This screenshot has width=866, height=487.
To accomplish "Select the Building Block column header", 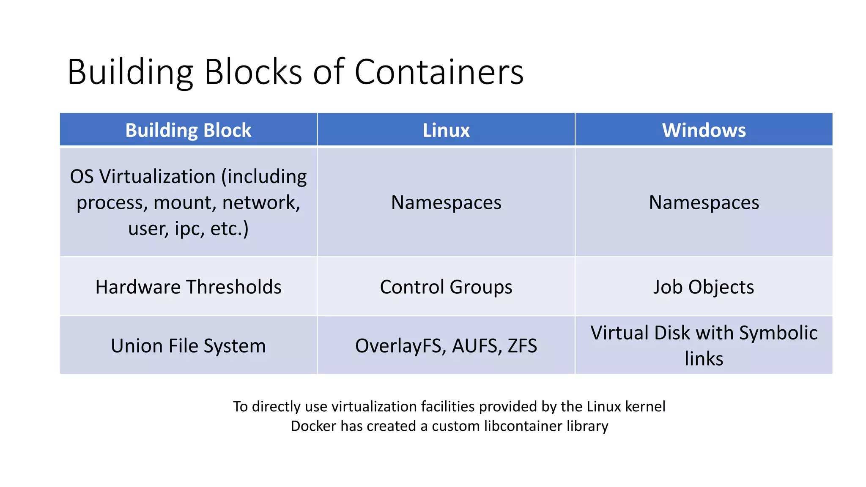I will [x=188, y=130].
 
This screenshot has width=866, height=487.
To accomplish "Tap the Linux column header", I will [x=446, y=130].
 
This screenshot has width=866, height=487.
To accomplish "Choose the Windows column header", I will [x=704, y=130].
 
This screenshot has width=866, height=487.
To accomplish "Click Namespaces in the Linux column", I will [x=446, y=202].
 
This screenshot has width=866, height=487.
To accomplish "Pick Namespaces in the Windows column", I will [x=704, y=202].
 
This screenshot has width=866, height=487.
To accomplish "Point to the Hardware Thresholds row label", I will [x=188, y=287].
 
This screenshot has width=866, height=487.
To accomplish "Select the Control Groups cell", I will [x=446, y=287].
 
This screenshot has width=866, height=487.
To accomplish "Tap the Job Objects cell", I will [x=704, y=287].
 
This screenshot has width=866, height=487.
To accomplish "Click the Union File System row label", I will [x=188, y=346].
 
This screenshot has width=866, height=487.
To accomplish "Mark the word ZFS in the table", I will [x=522, y=346].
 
